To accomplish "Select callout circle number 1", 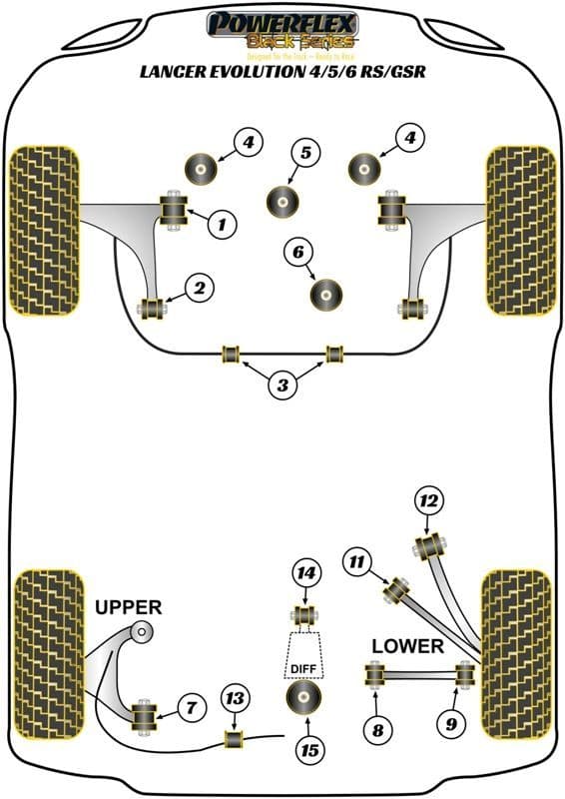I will pyautogui.click(x=223, y=225).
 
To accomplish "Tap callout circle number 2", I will pyautogui.click(x=200, y=289).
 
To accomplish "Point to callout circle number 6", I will pyautogui.click(x=297, y=254).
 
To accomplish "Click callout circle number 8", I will pyautogui.click(x=376, y=730).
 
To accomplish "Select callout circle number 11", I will pyautogui.click(x=356, y=562).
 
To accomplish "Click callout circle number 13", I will pyautogui.click(x=234, y=697).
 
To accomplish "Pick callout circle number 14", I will pyautogui.click(x=306, y=573).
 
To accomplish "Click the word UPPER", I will pyautogui.click(x=129, y=606).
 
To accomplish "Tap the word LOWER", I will pyautogui.click(x=407, y=646).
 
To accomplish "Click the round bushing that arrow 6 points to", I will pyautogui.click(x=325, y=293).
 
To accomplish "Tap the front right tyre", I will pyautogui.click(x=520, y=230).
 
